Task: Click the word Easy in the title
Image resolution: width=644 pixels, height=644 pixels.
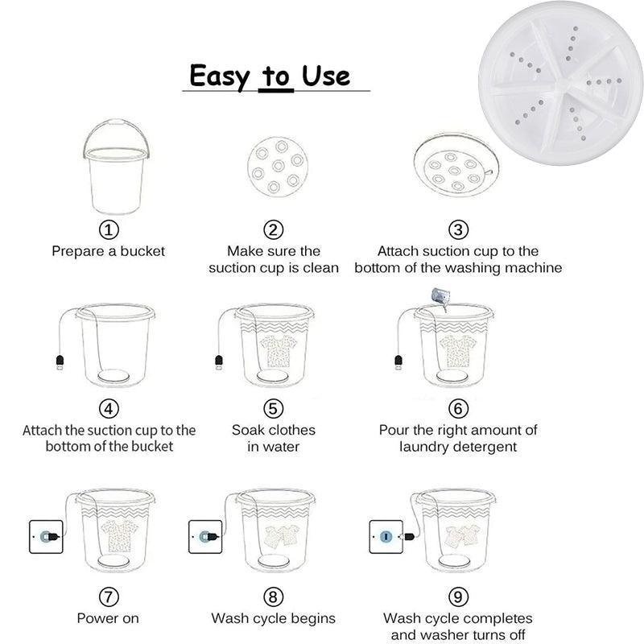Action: tap(219, 76)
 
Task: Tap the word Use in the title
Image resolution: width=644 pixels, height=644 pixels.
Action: tap(326, 76)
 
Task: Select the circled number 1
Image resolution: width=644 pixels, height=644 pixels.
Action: tap(109, 229)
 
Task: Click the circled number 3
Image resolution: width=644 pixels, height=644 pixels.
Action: tap(458, 229)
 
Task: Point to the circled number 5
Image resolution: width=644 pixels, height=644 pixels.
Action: tap(273, 409)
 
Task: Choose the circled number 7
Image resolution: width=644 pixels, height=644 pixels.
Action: tap(109, 597)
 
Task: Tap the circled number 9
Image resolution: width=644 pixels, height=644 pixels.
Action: tap(458, 597)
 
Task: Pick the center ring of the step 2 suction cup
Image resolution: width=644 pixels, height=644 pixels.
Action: tap(279, 166)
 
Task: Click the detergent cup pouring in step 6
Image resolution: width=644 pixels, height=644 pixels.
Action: tap(440, 297)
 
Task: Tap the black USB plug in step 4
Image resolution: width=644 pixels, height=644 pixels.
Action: tap(60, 362)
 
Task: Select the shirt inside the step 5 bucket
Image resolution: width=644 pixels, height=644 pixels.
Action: tap(279, 350)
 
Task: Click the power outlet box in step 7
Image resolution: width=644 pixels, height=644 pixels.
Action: tap(46, 536)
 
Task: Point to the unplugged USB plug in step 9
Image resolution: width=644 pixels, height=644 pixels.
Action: tap(410, 536)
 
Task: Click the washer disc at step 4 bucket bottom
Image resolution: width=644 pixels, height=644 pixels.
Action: tap(114, 375)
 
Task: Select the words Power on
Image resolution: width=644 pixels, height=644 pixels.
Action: tap(108, 618)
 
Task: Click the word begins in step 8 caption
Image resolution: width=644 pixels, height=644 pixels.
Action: tap(313, 619)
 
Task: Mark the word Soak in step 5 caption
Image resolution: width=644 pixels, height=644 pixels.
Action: tap(247, 430)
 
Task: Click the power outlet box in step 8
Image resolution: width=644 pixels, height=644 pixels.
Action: tap(205, 536)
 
